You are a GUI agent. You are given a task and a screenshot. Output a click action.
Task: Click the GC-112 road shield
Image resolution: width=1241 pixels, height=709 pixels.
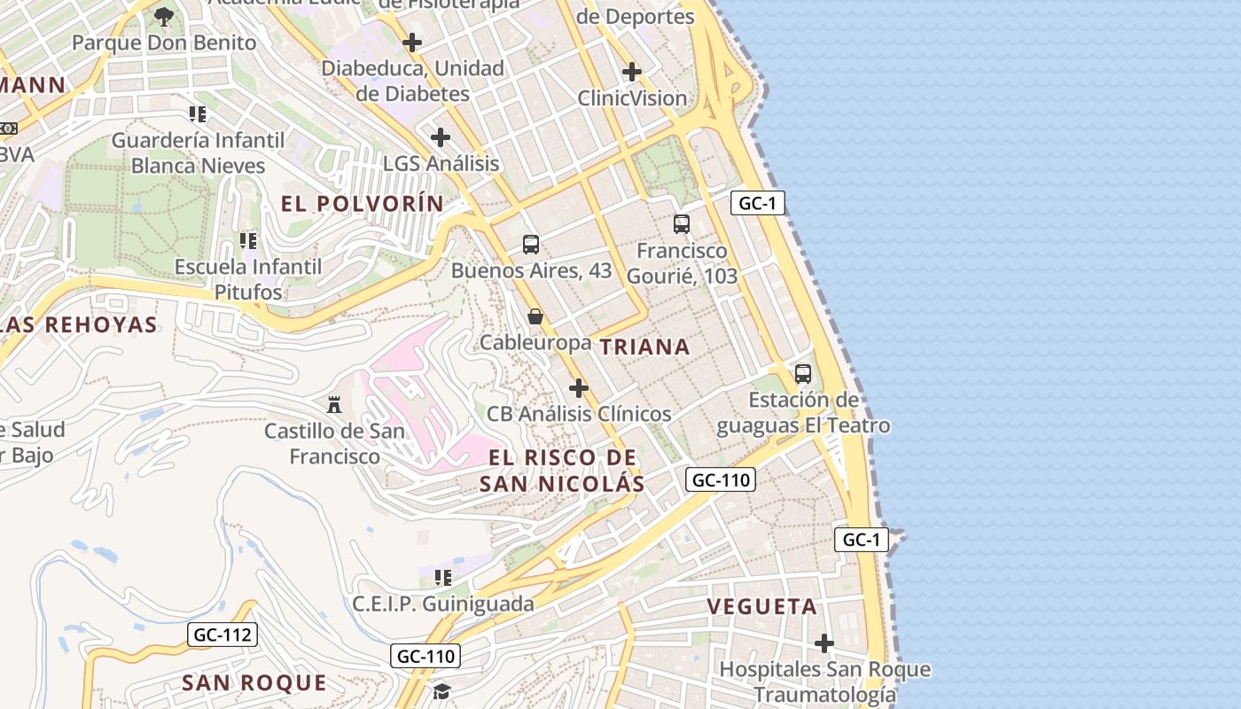pos(222,635)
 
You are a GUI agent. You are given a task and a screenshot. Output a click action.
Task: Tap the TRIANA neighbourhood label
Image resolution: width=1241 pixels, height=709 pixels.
pos(644,347)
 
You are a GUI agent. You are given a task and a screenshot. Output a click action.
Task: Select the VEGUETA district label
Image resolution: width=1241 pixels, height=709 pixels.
pos(761,607)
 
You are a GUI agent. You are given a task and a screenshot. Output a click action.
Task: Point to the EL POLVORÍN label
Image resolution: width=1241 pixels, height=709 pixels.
pos(362,204)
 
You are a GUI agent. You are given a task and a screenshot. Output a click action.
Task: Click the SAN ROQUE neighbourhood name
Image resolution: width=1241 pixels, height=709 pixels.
pos(254,682)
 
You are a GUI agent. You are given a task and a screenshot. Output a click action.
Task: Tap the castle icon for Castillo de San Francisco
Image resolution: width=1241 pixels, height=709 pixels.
pos(334,405)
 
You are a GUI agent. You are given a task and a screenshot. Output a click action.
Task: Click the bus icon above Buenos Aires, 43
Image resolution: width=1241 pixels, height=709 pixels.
pos(531,245)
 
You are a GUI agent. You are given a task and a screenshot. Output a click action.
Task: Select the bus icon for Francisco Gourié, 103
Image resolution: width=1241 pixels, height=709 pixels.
pos(681,224)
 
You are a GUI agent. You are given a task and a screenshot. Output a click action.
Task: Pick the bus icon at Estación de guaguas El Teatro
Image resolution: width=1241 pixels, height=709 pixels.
pos(803,374)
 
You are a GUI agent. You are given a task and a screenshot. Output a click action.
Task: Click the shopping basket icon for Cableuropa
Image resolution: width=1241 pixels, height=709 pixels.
pos(535,316)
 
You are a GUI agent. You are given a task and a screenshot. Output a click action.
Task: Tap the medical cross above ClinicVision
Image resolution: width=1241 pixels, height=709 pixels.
pos(632,71)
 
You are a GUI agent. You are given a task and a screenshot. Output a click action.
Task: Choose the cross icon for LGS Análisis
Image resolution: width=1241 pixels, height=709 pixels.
pos(441,137)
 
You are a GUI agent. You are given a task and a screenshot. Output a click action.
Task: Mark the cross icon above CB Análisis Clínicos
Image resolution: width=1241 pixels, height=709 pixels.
pos(579,388)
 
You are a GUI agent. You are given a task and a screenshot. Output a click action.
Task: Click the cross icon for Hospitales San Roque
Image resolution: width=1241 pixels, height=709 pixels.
pos(824,643)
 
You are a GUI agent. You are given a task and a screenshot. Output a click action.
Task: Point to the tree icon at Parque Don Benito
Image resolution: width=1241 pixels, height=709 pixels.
pos(163,16)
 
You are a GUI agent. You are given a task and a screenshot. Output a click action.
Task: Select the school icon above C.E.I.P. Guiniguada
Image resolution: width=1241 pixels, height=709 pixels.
pos(443,578)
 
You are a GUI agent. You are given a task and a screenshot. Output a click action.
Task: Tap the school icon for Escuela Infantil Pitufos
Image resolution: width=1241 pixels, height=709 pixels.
pos(248,240)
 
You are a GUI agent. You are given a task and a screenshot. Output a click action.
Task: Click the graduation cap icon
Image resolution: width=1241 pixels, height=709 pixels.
pos(441,690)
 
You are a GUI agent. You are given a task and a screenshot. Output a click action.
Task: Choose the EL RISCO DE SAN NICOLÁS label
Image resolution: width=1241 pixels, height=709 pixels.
pos(562,471)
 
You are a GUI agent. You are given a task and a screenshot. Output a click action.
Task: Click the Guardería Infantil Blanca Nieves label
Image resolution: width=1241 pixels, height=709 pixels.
pos(199,152)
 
